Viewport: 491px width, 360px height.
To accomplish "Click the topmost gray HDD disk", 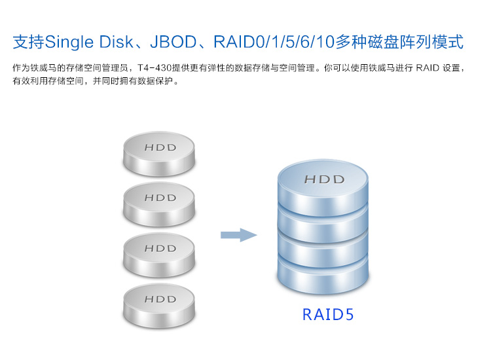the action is tap(159, 154).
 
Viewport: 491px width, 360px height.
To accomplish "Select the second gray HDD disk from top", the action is tap(159, 204).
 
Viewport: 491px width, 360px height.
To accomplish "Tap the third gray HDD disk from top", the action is tap(159, 255).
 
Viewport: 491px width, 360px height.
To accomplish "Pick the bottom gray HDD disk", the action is tap(159, 306).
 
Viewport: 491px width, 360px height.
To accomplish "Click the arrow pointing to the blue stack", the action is tap(238, 235).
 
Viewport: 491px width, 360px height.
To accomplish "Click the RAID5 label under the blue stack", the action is tap(328, 315).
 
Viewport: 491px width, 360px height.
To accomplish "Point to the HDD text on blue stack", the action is tap(325, 179).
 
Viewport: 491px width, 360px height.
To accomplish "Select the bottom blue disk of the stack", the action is tap(323, 276).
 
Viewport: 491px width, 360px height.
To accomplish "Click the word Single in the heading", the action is tap(69, 43).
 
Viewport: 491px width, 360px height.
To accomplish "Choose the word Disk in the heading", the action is tap(116, 42).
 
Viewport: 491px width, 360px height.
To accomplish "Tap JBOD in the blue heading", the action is tap(173, 42).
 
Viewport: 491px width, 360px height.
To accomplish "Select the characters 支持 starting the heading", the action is tap(29, 42).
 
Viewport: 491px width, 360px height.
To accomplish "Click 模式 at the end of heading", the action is tap(448, 42).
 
